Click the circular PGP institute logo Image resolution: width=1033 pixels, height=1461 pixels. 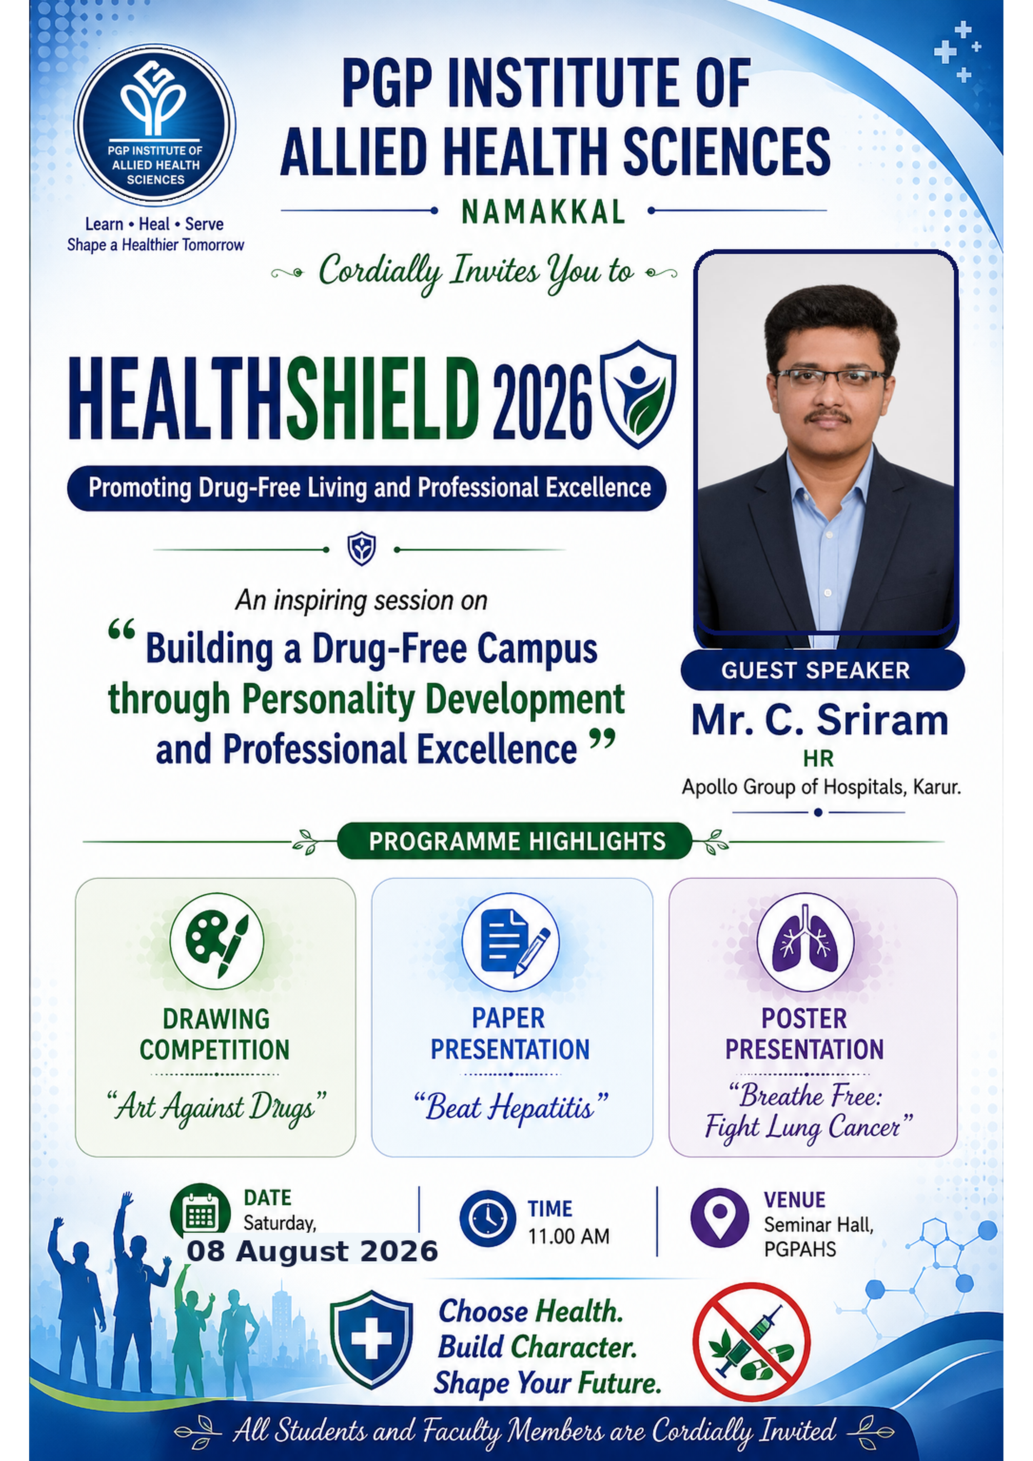pos(155,125)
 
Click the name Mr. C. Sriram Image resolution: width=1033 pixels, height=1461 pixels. pos(820,721)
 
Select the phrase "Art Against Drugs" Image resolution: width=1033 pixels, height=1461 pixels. pos(217,1107)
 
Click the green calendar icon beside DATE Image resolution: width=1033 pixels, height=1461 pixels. pos(200,1213)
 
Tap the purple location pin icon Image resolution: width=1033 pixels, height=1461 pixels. pos(719,1217)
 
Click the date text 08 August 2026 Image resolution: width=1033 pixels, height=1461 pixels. pos(312,1251)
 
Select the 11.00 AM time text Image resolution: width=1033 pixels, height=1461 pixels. pos(569,1237)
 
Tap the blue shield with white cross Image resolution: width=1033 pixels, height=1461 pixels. pos(371,1339)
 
